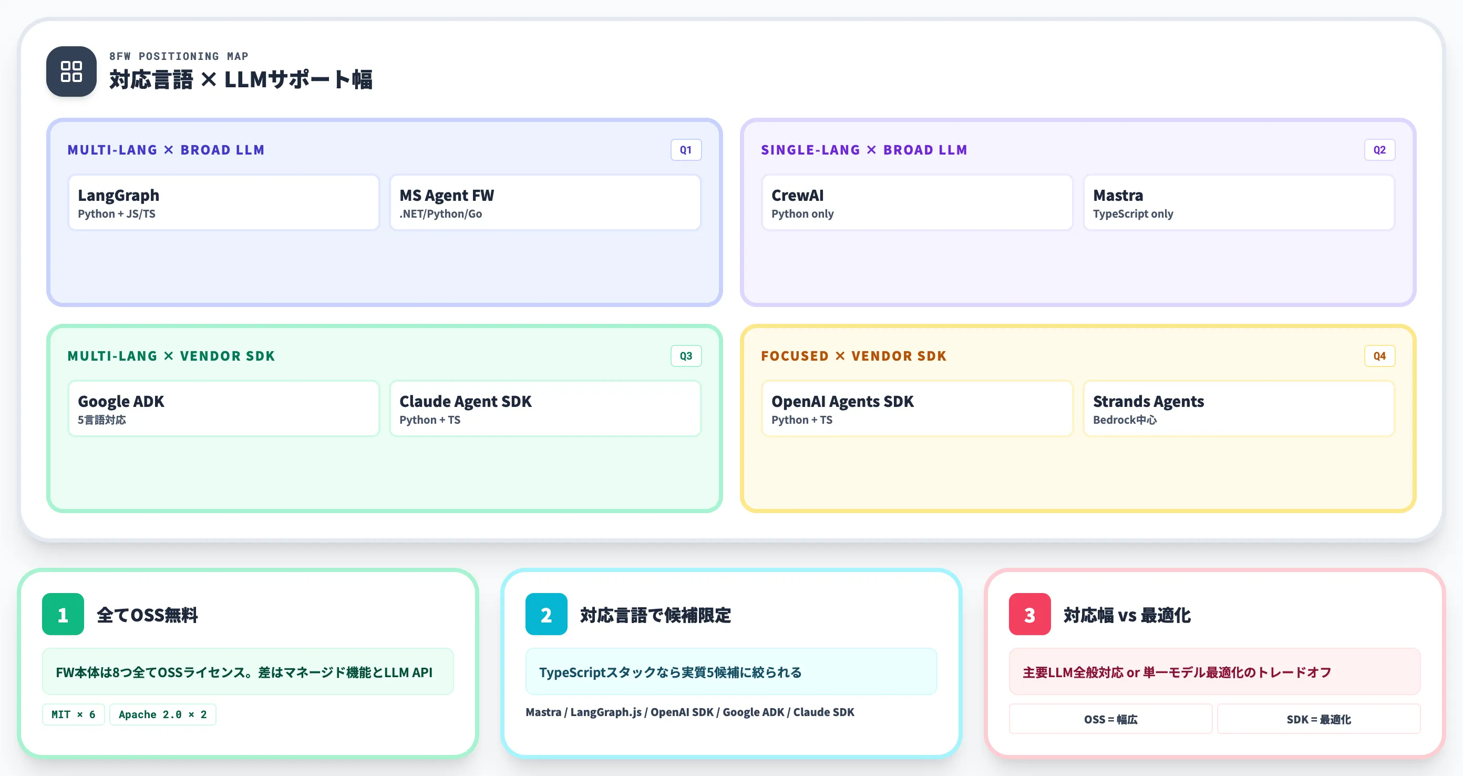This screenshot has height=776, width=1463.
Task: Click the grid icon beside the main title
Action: [x=71, y=71]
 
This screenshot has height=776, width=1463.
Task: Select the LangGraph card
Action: [x=223, y=202]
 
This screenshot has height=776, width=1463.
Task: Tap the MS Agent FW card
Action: [x=545, y=202]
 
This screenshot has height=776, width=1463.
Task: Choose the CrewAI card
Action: [x=916, y=202]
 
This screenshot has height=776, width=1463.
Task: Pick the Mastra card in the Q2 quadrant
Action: [x=1239, y=202]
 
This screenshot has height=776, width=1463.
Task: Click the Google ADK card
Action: [x=223, y=409]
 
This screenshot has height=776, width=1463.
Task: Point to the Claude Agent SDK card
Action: [x=545, y=409]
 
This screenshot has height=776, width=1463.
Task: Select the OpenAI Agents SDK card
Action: [x=916, y=409]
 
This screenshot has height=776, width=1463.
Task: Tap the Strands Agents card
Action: [x=1239, y=409]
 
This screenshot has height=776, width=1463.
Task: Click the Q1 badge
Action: [x=686, y=150]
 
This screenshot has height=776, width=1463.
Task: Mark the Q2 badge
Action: [x=1379, y=150]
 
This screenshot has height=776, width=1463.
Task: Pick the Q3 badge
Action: [x=686, y=356]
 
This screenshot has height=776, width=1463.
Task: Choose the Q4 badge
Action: [x=1379, y=356]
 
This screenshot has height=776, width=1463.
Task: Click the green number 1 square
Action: [x=63, y=614]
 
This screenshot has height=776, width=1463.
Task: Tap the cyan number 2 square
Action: [x=547, y=614]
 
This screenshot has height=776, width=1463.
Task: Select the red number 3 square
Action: [x=1029, y=614]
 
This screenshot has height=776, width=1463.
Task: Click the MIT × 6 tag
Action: [x=73, y=714]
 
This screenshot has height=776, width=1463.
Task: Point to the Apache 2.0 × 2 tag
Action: [x=163, y=714]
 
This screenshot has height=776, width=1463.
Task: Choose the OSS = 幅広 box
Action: [x=1110, y=719]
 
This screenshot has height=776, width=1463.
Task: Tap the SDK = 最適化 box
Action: [x=1318, y=719]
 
